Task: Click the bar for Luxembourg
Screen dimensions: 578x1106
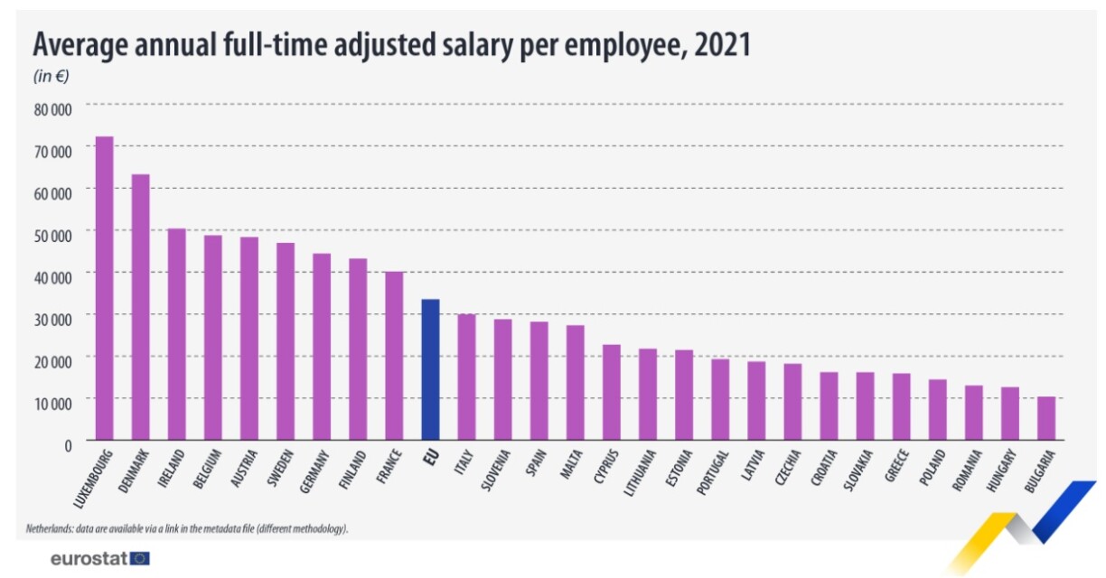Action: click(x=105, y=288)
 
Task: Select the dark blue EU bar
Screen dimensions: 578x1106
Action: click(x=431, y=369)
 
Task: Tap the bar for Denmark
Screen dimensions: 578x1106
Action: click(x=141, y=307)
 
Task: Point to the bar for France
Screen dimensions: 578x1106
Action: click(x=395, y=356)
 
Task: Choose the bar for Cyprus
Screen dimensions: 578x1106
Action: click(x=612, y=392)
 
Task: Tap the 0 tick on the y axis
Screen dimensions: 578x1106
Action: click(x=67, y=443)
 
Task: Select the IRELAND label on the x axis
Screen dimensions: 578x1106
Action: click(x=171, y=467)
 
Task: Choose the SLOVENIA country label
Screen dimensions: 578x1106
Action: click(x=496, y=471)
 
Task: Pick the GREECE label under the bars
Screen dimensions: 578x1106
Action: click(x=897, y=465)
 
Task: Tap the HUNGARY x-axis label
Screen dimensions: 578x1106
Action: click(x=1003, y=469)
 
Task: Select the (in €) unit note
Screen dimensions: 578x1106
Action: click(x=52, y=76)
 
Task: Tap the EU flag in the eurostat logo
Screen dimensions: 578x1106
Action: click(x=140, y=559)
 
